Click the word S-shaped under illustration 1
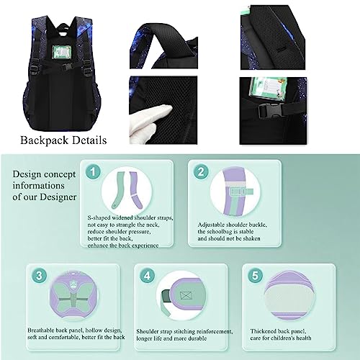pos(102,217)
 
